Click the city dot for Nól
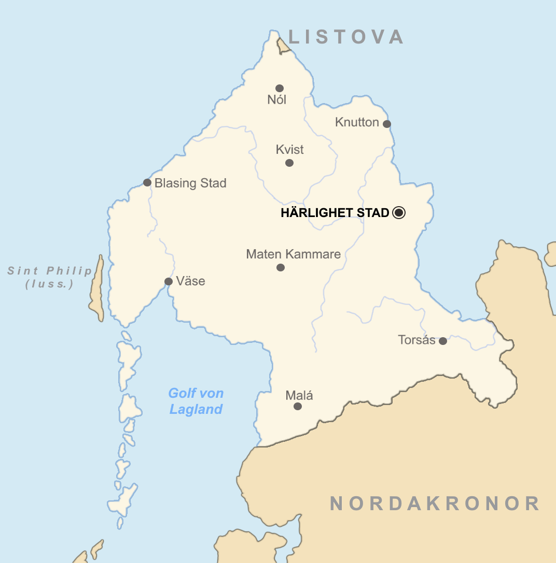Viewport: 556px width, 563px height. pyautogui.click(x=280, y=88)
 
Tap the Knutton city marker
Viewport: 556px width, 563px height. pyautogui.click(x=387, y=124)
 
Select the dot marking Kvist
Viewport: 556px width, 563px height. pyautogui.click(x=289, y=163)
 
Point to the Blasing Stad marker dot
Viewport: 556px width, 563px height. pyautogui.click(x=147, y=182)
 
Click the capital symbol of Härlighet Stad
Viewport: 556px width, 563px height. pyautogui.click(x=398, y=212)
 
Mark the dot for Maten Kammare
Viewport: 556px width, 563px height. pyautogui.click(x=281, y=267)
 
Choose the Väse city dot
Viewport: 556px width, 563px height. pyautogui.click(x=169, y=281)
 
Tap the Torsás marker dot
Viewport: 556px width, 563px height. pyautogui.click(x=443, y=341)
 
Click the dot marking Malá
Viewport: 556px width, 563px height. pyautogui.click(x=298, y=406)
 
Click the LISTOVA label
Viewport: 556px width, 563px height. pyautogui.click(x=346, y=37)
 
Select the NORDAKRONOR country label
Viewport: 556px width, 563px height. pyautogui.click(x=435, y=503)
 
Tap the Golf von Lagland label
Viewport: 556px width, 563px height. pyautogui.click(x=196, y=401)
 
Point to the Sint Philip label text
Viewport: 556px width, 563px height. pyautogui.click(x=50, y=277)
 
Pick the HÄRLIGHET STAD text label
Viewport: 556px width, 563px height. pyautogui.click(x=335, y=213)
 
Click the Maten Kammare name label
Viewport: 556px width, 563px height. pyautogui.click(x=293, y=254)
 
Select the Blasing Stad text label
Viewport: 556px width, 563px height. pyautogui.click(x=190, y=183)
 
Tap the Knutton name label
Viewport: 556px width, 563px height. pyautogui.click(x=357, y=122)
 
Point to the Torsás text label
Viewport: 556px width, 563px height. pyautogui.click(x=416, y=340)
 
